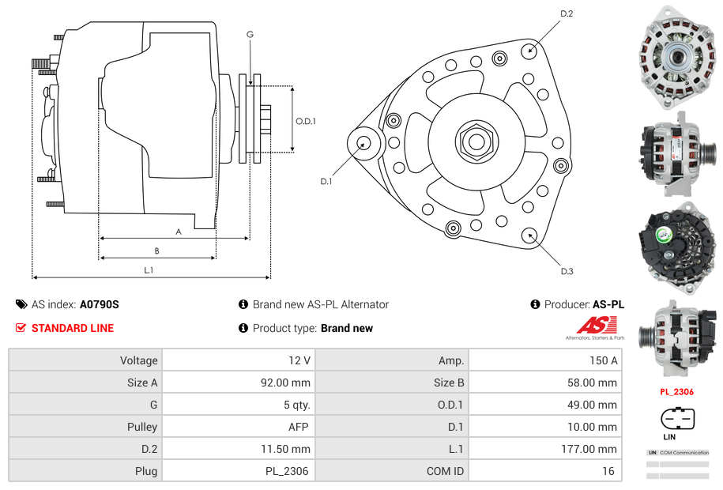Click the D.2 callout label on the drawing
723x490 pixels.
567,13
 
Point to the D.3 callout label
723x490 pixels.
567,271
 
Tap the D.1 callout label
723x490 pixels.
326,181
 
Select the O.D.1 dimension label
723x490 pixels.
306,121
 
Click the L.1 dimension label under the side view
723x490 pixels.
148,270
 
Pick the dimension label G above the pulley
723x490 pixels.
250,34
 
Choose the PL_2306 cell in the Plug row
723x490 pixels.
288,471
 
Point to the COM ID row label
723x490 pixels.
445,471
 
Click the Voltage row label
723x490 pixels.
138,360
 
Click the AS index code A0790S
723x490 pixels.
99,304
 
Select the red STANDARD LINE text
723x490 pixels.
73,328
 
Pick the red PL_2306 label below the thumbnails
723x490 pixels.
677,391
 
